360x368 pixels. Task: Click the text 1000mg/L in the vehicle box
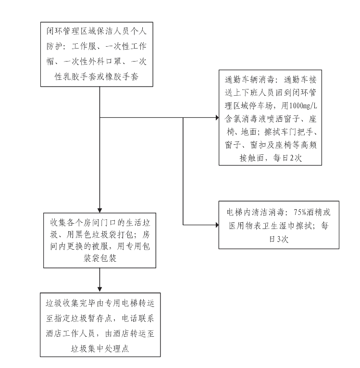303,106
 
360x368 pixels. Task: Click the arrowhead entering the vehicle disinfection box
217,117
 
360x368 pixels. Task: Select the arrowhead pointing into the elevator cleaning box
217,225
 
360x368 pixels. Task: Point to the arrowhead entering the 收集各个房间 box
99,210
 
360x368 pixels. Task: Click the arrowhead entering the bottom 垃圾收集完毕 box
99,290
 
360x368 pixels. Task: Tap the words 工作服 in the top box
84,46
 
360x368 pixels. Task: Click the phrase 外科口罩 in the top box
105,61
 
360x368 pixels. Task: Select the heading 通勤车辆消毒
249,80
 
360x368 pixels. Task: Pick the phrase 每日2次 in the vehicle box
287,158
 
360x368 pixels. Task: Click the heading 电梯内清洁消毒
256,212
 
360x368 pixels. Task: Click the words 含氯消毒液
245,119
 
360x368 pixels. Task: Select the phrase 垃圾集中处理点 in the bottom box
100,349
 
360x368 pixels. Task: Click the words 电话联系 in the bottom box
138,318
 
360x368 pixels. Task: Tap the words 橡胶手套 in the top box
122,76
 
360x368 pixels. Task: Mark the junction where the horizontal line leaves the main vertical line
99,117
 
